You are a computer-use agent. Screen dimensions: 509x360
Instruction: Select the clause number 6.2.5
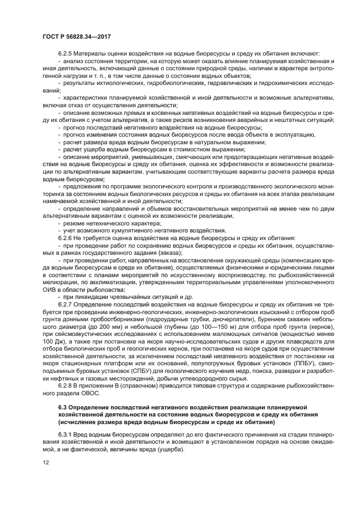click(x=66, y=53)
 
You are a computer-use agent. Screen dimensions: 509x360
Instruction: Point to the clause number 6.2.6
click(x=66, y=238)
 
